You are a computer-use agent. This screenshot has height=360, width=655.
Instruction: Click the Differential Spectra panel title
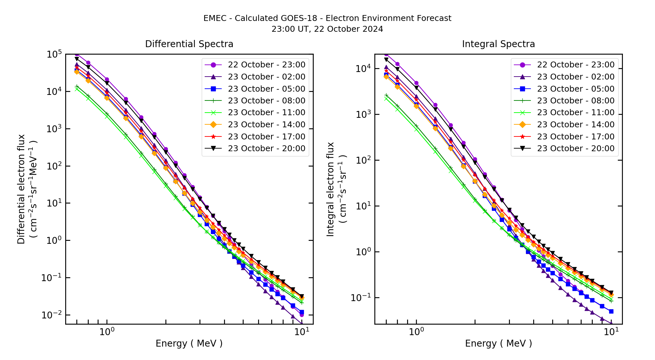[x=189, y=44]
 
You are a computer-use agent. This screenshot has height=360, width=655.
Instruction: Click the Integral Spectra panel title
[x=498, y=44]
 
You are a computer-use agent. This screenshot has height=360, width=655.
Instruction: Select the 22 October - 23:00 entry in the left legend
[x=267, y=65]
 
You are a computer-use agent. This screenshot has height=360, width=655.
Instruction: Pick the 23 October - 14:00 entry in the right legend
[x=575, y=125]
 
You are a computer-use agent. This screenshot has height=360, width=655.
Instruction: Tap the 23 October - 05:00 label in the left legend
[x=267, y=89]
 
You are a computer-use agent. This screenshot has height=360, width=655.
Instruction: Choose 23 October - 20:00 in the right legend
[x=575, y=149]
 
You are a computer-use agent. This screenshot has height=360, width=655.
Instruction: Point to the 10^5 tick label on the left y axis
[x=54, y=54]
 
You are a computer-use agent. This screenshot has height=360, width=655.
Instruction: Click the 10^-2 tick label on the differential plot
[x=52, y=315]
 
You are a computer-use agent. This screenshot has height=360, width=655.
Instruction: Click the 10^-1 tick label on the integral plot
[x=361, y=298]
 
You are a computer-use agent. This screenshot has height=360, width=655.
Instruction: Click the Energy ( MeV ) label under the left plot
[x=189, y=343]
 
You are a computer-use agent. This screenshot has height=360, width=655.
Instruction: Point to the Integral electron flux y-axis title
[x=330, y=189]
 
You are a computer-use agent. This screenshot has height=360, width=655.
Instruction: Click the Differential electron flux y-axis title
[x=21, y=189]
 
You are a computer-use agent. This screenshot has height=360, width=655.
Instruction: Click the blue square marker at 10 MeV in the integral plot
[x=611, y=311]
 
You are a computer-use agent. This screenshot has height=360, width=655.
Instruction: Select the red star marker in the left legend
[x=213, y=136]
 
